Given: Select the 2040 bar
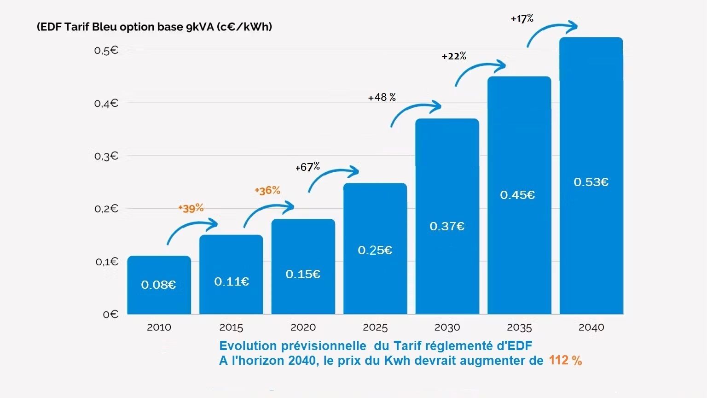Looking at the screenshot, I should [x=591, y=175].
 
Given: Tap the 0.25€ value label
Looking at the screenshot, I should [x=375, y=250].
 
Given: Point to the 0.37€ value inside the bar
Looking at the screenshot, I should [x=447, y=226].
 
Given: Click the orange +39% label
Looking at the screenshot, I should [x=191, y=208].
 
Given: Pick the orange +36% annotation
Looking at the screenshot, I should [x=267, y=190].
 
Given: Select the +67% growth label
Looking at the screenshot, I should [x=307, y=167].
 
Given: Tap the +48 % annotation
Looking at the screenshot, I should [x=382, y=97].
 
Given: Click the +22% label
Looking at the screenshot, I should [x=454, y=56].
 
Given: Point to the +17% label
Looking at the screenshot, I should [x=522, y=18].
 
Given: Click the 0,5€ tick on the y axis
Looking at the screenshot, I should [x=106, y=50].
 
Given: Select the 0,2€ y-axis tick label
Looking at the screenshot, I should [x=106, y=209].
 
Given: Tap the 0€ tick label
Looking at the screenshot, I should [x=110, y=314].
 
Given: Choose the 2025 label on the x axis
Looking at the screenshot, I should [x=375, y=328].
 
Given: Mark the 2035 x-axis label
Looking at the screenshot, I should [x=519, y=328].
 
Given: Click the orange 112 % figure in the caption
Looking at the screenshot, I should [x=565, y=360].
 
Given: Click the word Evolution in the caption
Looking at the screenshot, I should [x=248, y=345].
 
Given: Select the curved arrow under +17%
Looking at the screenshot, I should [x=551, y=33].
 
